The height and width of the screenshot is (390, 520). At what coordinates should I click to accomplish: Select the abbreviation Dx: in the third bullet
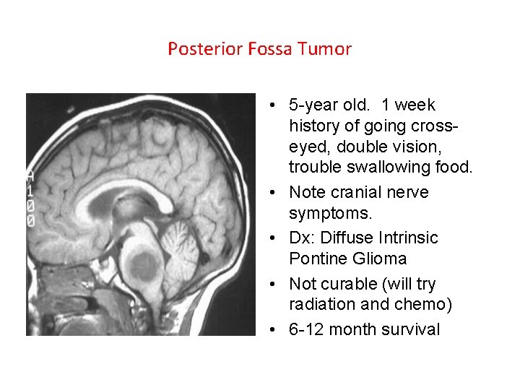click(x=302, y=238)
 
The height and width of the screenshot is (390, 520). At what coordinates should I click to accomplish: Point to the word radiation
click(x=321, y=305)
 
